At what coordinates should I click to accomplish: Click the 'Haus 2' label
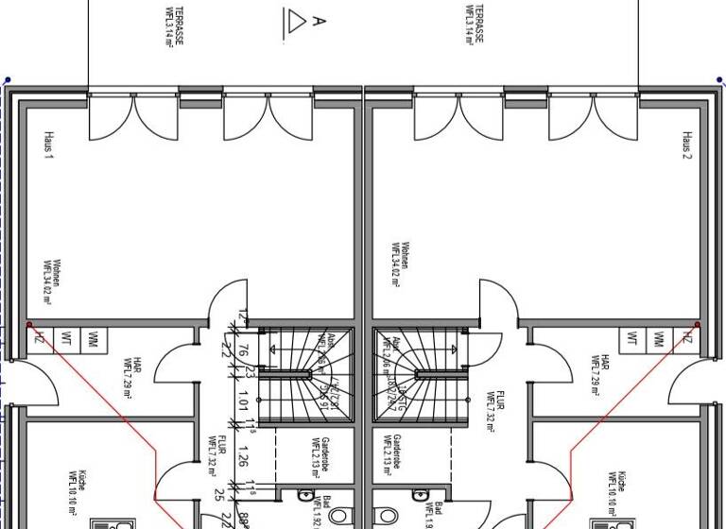click(687, 145)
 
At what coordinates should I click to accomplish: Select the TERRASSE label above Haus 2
click(474, 23)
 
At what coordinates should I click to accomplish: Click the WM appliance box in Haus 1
click(93, 338)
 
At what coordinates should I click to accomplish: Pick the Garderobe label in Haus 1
click(321, 455)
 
